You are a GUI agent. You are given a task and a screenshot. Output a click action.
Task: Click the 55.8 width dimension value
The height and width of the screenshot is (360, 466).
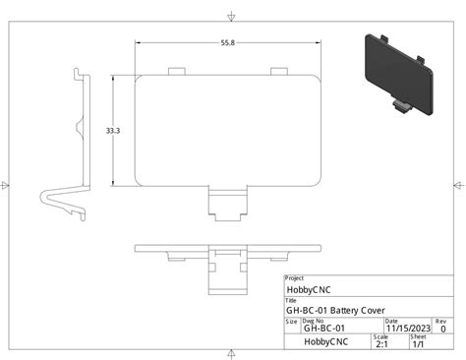227,42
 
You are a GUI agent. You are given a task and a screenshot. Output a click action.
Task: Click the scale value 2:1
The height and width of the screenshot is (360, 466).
381,344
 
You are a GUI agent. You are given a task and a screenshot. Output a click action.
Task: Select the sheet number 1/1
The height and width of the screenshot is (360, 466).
418,344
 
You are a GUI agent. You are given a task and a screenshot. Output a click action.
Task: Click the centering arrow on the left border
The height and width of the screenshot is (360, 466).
8,183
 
